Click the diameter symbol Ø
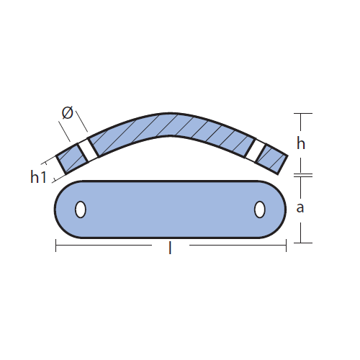coord(67,113)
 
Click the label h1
coord(38,177)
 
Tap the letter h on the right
coord(301,143)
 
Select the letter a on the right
coord(300,208)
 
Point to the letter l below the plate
coord(170,248)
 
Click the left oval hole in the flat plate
coord(81,210)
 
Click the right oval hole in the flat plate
coord(259,210)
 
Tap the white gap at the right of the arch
coord(256,150)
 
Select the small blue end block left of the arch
coord(72,158)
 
